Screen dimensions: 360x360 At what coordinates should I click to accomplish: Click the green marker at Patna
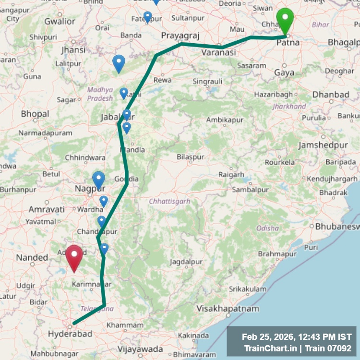point(286,21)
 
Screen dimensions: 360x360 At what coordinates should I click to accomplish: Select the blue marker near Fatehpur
point(147,17)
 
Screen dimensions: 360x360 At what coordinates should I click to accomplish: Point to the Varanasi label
point(218,52)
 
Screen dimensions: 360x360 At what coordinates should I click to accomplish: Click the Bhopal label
point(35,114)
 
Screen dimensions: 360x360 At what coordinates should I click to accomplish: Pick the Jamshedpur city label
point(321,145)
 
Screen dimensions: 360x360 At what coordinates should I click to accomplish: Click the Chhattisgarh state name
point(169,201)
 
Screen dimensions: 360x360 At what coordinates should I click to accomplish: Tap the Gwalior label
point(60,21)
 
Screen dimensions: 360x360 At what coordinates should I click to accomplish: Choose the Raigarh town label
point(231,175)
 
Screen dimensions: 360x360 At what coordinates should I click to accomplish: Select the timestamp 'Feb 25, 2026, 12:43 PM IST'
point(296,337)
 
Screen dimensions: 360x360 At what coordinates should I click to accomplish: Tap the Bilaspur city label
point(191,157)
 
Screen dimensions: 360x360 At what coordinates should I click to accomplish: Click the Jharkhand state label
point(289,106)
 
